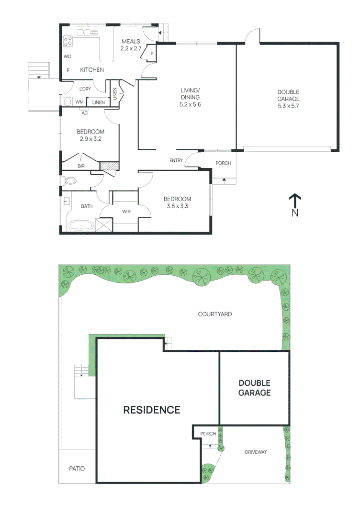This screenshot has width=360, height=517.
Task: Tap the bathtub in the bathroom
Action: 80,225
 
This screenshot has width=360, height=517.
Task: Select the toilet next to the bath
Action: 70,180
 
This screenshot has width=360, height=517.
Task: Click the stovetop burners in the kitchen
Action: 68,42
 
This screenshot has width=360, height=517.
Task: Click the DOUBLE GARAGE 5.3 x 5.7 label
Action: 288,99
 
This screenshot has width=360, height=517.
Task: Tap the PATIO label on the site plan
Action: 77,469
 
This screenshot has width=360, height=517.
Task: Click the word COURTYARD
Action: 215,315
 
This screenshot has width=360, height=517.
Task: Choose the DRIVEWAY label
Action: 256,452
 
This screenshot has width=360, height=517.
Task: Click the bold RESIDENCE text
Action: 152,410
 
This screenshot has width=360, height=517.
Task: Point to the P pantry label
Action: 152,54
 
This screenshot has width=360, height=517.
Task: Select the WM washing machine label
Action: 79,102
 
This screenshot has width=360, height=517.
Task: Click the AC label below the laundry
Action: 85,113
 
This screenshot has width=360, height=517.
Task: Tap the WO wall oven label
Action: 67,56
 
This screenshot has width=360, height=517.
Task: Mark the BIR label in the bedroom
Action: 81,167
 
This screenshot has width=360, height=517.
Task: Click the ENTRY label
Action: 176,160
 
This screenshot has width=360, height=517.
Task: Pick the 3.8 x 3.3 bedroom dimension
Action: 178,206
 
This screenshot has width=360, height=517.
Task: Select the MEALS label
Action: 131,42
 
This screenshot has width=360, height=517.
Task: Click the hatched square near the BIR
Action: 106,166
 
